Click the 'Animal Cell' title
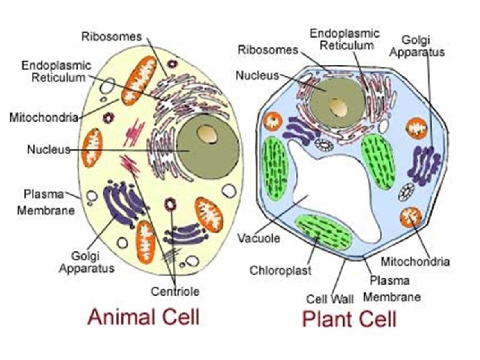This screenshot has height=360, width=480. tap(143, 316)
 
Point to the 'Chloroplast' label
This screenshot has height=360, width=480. tap(281, 270)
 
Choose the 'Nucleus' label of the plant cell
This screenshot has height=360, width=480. tap(257, 76)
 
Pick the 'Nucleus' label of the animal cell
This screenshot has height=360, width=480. tap(49, 149)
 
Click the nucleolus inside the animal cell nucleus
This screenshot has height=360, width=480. tap(208, 134)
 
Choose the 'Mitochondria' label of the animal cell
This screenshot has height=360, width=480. tap(44, 117)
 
